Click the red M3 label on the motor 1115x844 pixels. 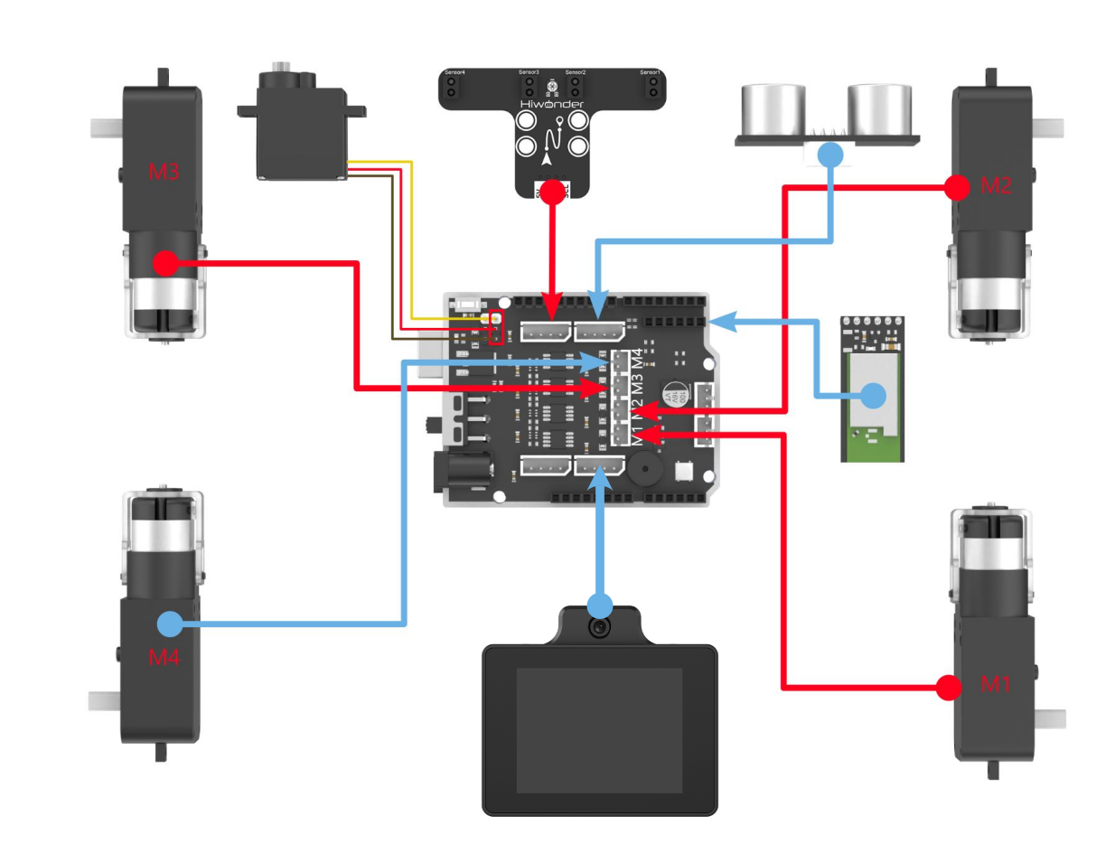point(163,170)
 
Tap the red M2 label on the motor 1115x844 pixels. point(995,187)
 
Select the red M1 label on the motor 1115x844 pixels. point(995,684)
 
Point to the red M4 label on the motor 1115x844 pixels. point(164,657)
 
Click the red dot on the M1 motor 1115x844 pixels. point(947,688)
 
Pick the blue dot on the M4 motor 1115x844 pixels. point(169,624)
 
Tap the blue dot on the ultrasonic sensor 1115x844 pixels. point(830,154)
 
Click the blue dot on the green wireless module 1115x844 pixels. point(873,395)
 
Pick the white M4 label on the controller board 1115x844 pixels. point(638,359)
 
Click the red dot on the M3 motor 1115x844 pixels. point(164,263)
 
